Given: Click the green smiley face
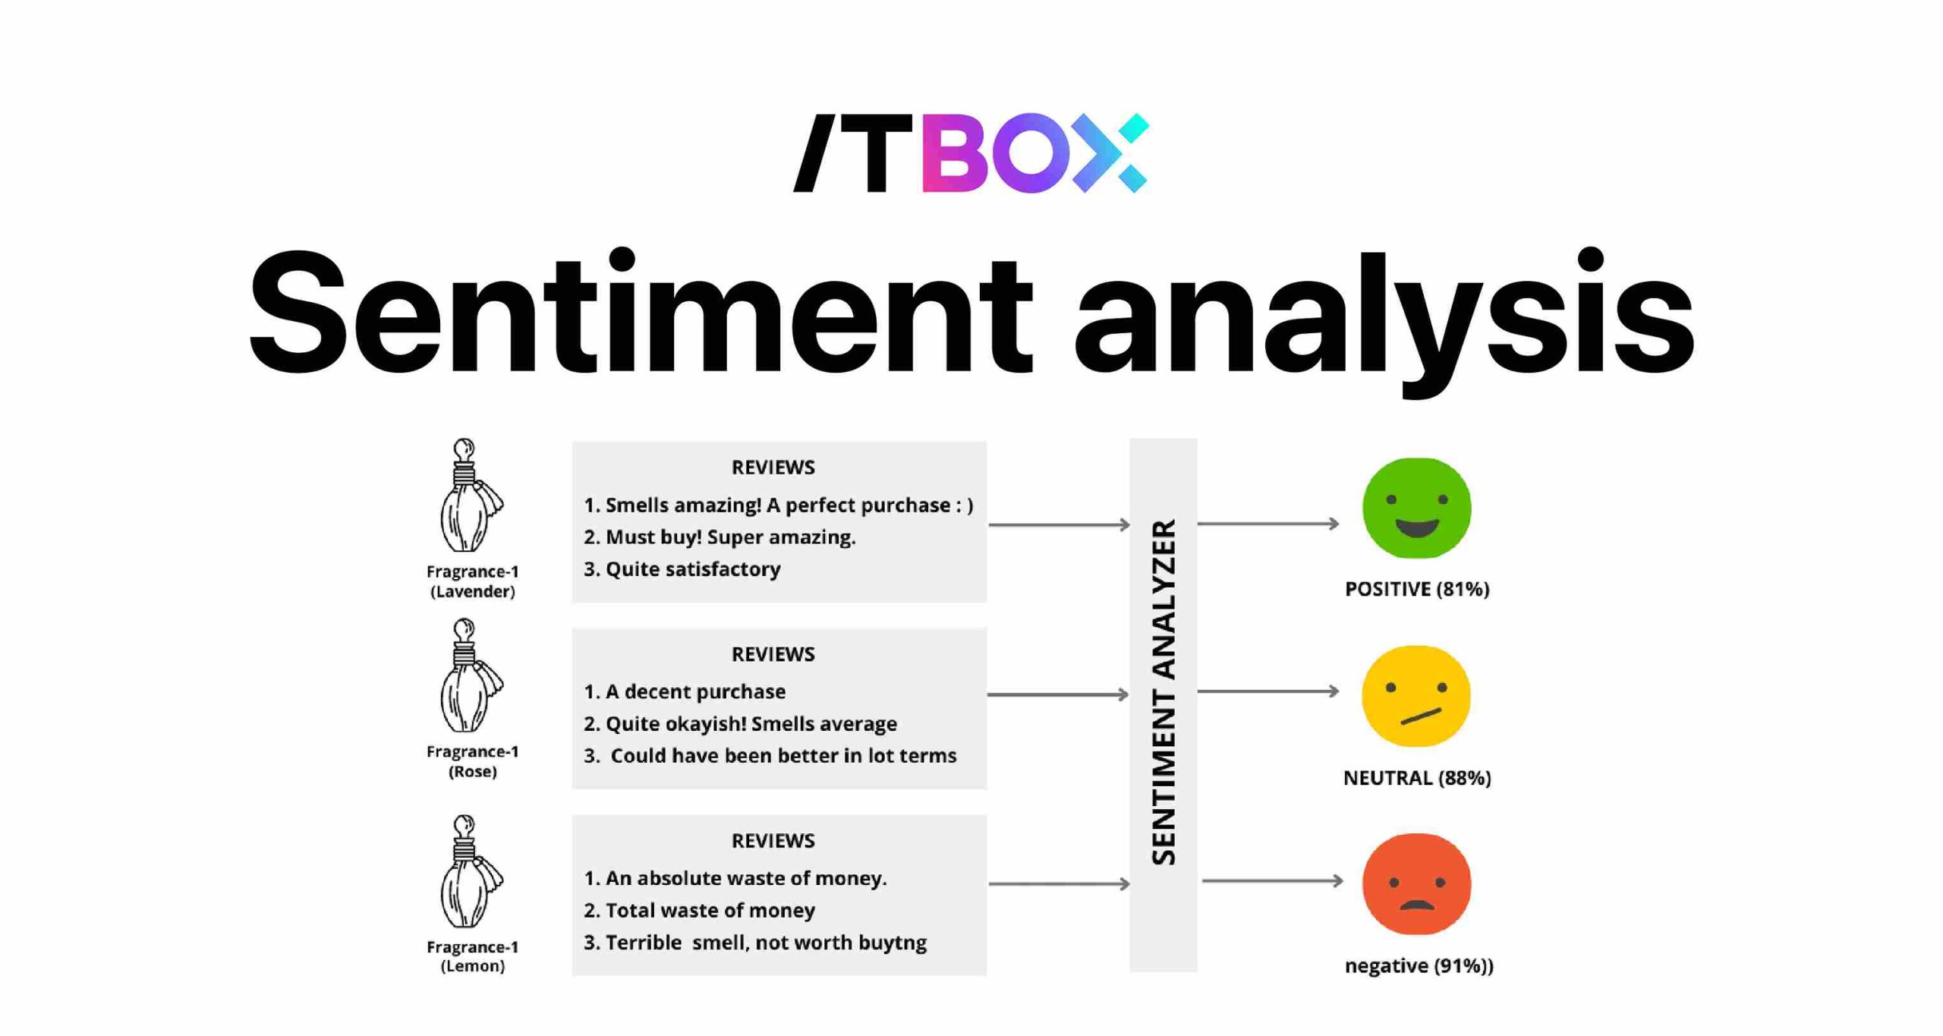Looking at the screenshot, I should click(x=1416, y=508).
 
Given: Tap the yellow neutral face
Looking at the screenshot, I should click(x=1416, y=696).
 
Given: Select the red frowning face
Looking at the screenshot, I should click(x=1416, y=883).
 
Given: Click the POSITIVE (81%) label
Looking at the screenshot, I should click(x=1416, y=589).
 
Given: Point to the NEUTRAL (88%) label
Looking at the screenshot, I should click(x=1416, y=778).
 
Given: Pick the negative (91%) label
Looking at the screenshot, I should click(x=1418, y=965).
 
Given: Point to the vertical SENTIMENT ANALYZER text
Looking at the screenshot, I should click(x=1163, y=692).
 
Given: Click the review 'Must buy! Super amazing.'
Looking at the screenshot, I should click(x=720, y=537).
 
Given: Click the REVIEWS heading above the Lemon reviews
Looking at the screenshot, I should click(x=773, y=841).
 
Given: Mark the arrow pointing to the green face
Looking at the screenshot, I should click(x=1268, y=524).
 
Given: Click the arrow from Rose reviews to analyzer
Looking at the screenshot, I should click(x=1058, y=694).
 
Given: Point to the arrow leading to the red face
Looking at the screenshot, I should click(x=1272, y=881).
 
